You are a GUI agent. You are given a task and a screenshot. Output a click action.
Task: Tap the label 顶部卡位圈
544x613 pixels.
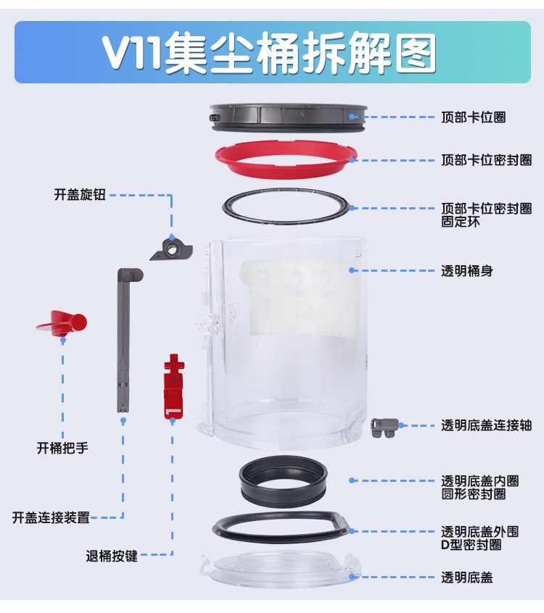click(473, 116)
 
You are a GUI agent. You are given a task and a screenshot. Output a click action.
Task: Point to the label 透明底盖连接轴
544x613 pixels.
click(486, 425)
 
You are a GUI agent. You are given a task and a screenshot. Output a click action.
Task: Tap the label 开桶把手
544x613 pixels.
click(62, 448)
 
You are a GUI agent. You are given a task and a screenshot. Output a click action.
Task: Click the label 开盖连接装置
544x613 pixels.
click(51, 517)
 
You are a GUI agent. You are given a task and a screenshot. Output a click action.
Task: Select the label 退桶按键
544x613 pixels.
click(112, 556)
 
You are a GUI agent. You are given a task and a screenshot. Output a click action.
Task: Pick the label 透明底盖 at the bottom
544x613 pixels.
click(467, 577)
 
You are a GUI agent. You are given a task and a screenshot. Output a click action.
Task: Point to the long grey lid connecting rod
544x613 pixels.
click(124, 341)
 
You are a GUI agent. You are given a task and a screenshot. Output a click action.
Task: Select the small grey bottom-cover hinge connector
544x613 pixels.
click(384, 427)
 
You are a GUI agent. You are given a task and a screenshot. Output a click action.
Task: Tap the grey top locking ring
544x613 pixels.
click(288, 117)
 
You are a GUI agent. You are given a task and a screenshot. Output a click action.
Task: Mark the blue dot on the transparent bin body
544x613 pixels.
click(351, 270)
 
